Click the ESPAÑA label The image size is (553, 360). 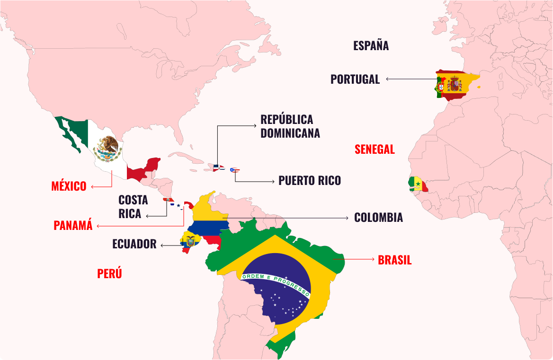(371, 45)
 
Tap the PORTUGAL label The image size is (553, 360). (355, 79)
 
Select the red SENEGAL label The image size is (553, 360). (375, 149)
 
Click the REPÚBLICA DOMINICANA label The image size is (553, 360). (290, 126)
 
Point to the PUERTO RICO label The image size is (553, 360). (309, 181)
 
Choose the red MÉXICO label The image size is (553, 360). (69, 186)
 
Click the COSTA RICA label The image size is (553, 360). (133, 207)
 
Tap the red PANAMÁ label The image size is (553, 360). (73, 226)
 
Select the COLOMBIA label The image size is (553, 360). (378, 218)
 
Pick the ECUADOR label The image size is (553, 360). (134, 245)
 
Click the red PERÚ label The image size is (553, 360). (109, 274)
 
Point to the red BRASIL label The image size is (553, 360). (394, 260)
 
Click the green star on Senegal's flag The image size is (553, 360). (418, 184)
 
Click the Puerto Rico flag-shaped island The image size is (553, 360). (234, 170)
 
